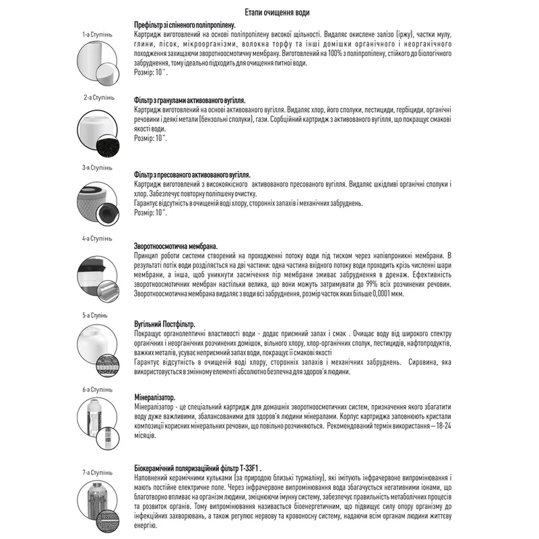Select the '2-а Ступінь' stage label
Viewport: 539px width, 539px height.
point(98,97)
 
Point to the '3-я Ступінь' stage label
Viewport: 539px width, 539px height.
point(98,167)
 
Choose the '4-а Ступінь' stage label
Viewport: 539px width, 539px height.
point(98,239)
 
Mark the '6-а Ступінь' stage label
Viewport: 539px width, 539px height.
point(98,389)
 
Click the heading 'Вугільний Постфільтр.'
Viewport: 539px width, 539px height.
point(166,325)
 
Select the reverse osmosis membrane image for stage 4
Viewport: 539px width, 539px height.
point(98,274)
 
